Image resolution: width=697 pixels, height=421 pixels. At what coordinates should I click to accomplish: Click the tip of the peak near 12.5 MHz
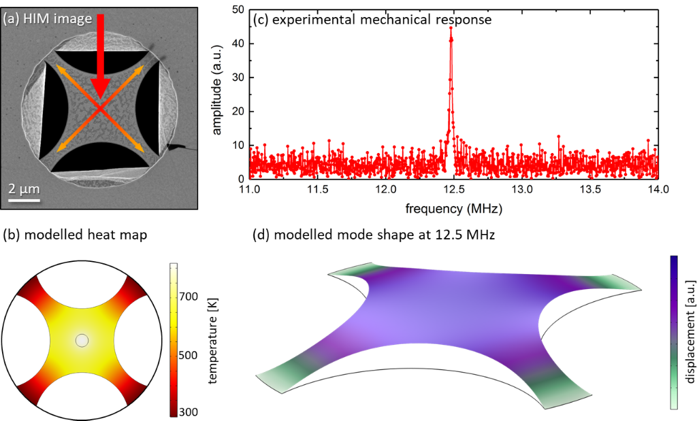451,28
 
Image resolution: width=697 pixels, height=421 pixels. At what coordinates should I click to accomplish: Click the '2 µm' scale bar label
25,188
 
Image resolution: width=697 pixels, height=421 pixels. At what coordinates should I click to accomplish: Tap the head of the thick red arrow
101,95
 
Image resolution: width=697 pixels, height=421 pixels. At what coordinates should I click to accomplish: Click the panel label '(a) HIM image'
48,20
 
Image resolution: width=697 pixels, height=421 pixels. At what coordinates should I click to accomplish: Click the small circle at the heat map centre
82,340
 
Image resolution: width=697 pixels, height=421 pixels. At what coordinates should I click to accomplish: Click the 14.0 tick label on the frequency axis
658,190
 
